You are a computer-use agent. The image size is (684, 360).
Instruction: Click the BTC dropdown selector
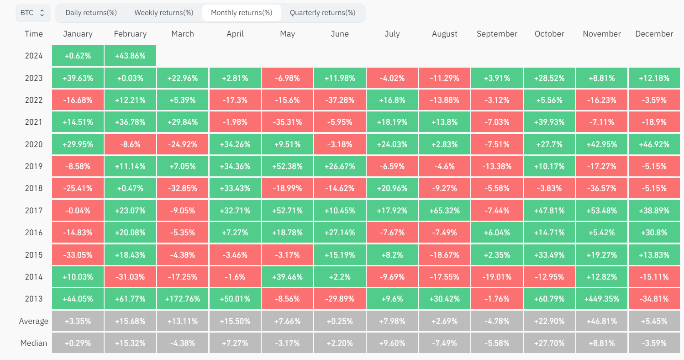click(33, 13)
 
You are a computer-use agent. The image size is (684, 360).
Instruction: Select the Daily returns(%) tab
click(91, 13)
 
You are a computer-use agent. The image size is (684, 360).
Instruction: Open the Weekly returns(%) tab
click(163, 13)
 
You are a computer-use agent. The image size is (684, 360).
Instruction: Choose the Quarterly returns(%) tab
click(322, 13)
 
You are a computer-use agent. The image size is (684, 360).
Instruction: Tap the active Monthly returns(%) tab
click(241, 13)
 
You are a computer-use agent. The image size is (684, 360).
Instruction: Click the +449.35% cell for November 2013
click(601, 299)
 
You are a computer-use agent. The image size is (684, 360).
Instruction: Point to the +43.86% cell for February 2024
click(130, 56)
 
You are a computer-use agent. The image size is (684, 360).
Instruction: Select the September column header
click(497, 34)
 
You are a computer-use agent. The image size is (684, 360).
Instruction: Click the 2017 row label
click(34, 211)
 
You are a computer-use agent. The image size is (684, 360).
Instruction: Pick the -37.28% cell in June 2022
click(340, 100)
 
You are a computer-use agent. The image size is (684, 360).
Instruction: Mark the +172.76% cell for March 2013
click(183, 299)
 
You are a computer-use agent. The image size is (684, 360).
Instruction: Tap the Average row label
click(34, 321)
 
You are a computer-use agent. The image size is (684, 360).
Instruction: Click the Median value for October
click(549, 343)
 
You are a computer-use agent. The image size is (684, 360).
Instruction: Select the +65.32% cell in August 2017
click(444, 211)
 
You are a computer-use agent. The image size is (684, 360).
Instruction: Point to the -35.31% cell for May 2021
click(287, 122)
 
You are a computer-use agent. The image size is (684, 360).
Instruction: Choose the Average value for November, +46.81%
click(601, 321)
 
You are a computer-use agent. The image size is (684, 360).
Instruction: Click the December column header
click(654, 34)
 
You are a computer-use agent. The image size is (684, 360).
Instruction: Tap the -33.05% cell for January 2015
click(78, 255)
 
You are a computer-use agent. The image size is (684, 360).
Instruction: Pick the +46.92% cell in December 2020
click(654, 144)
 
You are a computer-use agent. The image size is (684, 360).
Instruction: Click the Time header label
click(34, 34)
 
